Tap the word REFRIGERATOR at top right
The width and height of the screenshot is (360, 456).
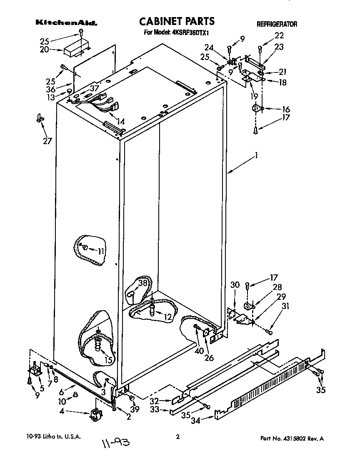point(277,24)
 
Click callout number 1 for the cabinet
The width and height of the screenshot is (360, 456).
point(257,155)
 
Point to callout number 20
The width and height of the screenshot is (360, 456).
point(45,50)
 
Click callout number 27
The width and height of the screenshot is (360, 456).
point(47,141)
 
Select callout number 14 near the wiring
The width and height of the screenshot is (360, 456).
point(120,122)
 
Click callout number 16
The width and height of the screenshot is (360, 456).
point(285,109)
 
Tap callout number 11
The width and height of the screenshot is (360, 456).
point(101,251)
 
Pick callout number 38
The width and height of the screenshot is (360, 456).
point(143,282)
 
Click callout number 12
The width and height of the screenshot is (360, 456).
point(167,316)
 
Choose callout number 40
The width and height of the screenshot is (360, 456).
point(199,351)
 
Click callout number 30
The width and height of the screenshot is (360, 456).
point(235,284)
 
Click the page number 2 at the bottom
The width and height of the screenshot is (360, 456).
point(178,437)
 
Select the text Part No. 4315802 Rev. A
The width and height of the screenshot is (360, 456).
point(292,438)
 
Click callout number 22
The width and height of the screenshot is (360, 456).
point(279,35)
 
